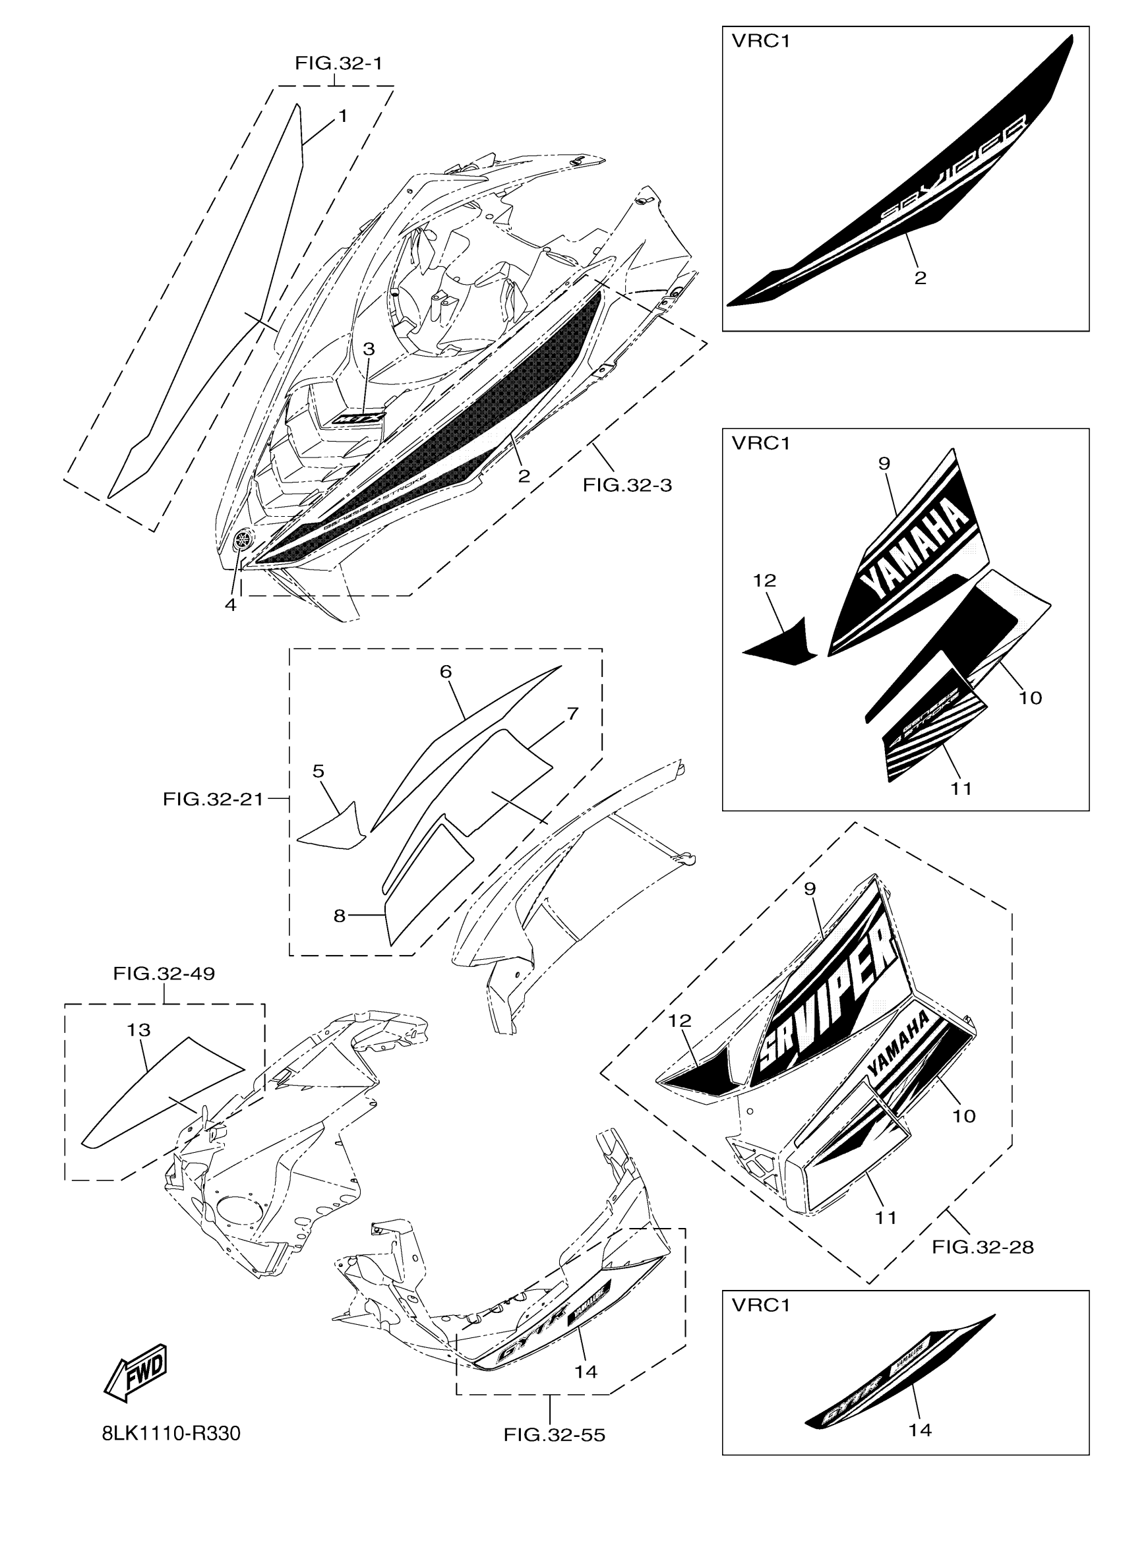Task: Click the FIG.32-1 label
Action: point(338,63)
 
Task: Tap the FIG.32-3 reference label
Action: point(627,485)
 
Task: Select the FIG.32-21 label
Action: point(213,799)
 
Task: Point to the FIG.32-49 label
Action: point(164,974)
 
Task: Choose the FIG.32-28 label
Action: point(983,1247)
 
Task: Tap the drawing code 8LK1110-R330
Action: point(171,1434)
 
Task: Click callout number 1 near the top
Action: point(342,116)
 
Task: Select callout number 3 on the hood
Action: point(369,350)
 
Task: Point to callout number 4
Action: point(231,604)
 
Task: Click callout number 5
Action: point(318,771)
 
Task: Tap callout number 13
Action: point(138,1030)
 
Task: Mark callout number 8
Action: point(339,916)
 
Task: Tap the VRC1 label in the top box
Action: point(761,42)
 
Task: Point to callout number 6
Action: point(446,672)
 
